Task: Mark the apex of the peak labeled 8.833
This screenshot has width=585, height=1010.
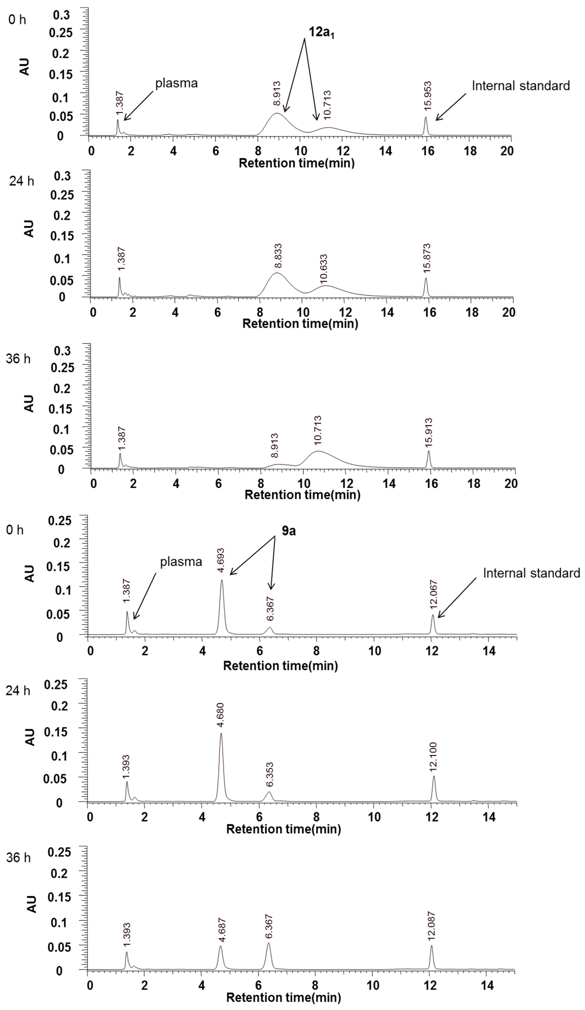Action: [x=277, y=273]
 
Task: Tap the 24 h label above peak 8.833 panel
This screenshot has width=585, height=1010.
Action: [x=22, y=181]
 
